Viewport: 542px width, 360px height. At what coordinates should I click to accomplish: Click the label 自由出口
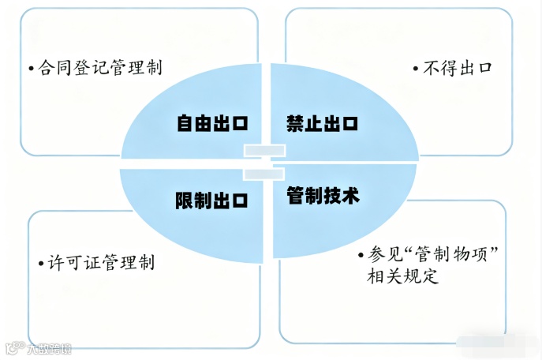(211, 123)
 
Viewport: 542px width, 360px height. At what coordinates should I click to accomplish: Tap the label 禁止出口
(322, 123)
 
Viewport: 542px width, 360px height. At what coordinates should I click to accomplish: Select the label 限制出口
(211, 201)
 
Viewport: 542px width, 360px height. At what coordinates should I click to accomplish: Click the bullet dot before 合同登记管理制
(30, 68)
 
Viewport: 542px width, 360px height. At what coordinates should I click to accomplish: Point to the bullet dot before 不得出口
(416, 68)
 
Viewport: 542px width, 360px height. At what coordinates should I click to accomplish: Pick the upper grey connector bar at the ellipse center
(264, 150)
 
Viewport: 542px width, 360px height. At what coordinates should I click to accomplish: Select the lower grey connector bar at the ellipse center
(264, 171)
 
